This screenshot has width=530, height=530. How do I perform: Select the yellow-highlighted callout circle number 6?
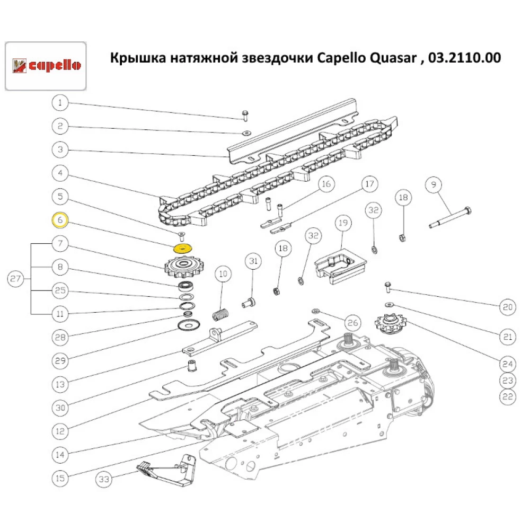coord(60,219)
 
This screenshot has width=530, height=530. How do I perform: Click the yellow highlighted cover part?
coord(183,248)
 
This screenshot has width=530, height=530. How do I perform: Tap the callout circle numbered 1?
coord(60,103)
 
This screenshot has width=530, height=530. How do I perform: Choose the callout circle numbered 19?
coord(342,224)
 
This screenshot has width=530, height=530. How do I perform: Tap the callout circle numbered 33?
coord(105,480)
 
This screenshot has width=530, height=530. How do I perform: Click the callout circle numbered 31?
coord(253,261)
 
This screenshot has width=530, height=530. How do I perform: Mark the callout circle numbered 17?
coord(369,185)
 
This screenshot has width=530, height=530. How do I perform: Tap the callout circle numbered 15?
coord(60,478)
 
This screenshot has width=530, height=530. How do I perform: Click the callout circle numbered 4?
coord(60,173)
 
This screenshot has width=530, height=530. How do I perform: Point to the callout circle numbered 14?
coord(60,454)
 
